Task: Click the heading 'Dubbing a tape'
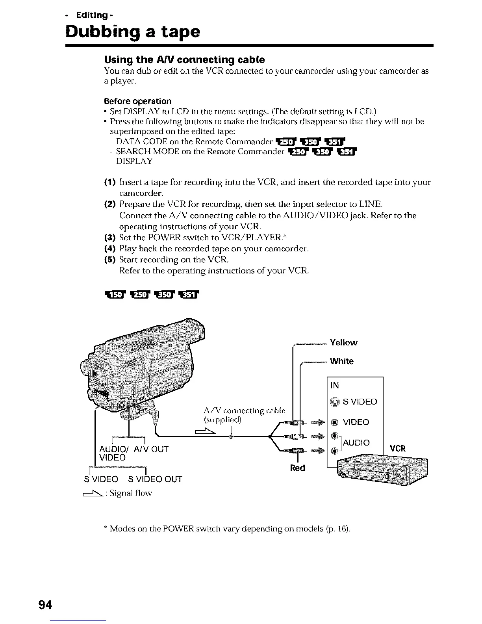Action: (x=133, y=32)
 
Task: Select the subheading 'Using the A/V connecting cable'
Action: (x=184, y=59)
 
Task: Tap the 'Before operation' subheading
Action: (x=137, y=101)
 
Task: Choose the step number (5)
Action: (x=109, y=260)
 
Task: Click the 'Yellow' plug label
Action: (x=343, y=342)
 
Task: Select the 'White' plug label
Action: (x=342, y=361)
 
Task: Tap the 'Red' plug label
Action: (x=297, y=468)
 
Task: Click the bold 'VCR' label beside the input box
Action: (x=397, y=449)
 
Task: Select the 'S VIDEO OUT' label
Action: (x=155, y=479)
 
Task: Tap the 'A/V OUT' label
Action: (x=151, y=449)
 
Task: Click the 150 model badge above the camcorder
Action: (x=113, y=294)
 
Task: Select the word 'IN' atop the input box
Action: (x=335, y=385)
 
